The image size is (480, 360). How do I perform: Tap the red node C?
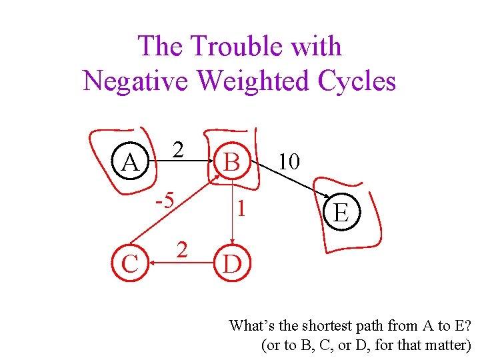click(x=130, y=263)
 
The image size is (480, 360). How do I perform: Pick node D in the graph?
click(x=232, y=264)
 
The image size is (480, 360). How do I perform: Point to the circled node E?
click(x=341, y=213)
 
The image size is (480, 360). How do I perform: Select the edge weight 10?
click(x=289, y=161)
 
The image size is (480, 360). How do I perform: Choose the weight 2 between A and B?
click(x=177, y=149)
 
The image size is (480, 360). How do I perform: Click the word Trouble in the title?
click(x=231, y=47)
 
